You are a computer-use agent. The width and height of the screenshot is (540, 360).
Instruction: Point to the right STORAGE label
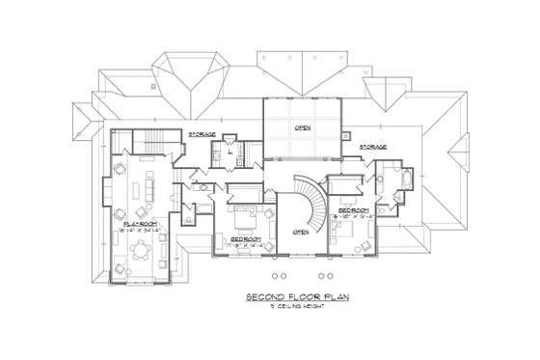pos(373,147)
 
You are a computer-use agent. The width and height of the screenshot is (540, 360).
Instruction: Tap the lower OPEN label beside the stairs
pos(300,232)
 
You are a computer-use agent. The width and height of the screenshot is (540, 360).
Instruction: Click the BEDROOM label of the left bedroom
pos(246,237)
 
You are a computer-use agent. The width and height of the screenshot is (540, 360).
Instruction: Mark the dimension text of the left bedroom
pos(248,246)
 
